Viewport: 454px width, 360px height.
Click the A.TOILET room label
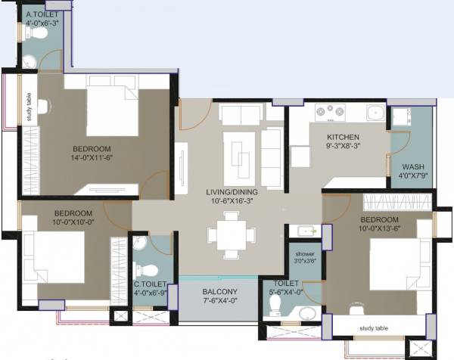pyautogui.click(x=42, y=14)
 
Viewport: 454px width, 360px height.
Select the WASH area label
pyautogui.click(x=412, y=166)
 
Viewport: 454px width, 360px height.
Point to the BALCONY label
pyautogui.click(x=220, y=292)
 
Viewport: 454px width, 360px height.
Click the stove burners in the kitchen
pyautogui.click(x=329, y=113)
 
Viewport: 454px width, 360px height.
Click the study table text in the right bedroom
pyautogui.click(x=372, y=327)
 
